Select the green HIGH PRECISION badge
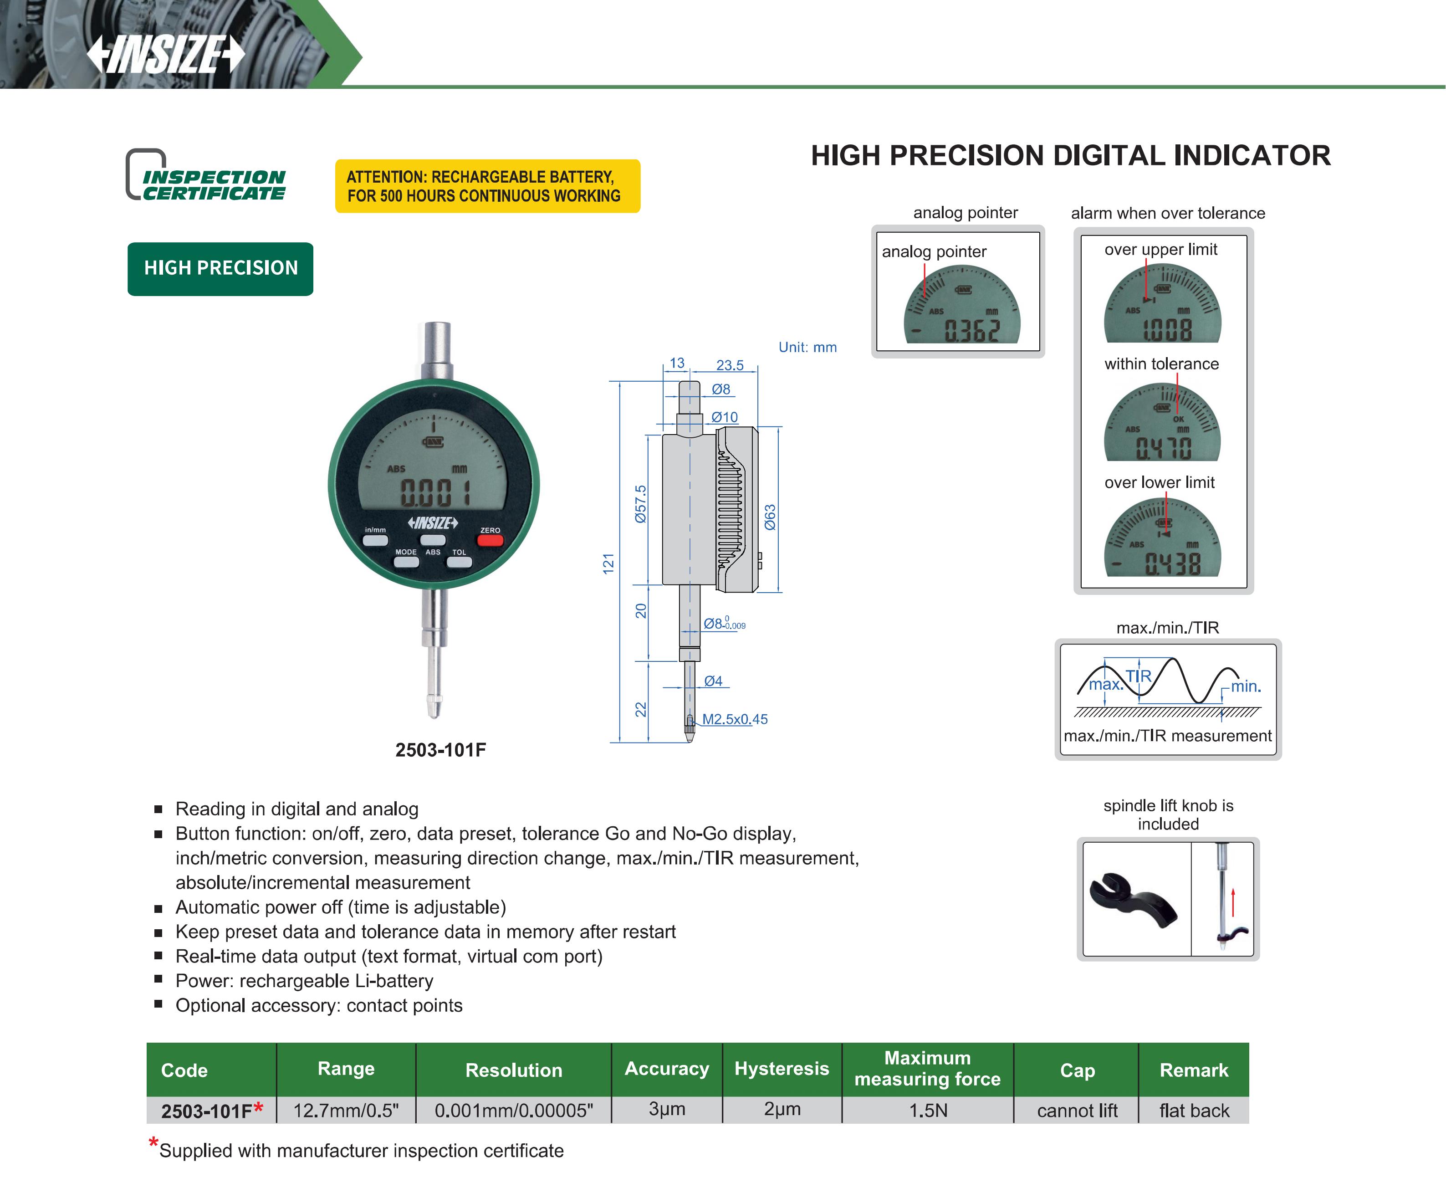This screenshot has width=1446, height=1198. pyautogui.click(x=220, y=268)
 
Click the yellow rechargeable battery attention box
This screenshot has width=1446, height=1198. pyautogui.click(x=487, y=186)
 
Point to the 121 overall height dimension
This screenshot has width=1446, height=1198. pyautogui.click(x=608, y=563)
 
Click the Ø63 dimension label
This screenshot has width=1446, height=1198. pyautogui.click(x=770, y=517)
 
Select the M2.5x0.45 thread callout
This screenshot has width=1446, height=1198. pyautogui.click(x=735, y=720)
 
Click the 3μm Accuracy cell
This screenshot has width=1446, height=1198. pyautogui.click(x=667, y=1109)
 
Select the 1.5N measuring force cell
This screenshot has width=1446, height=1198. pyautogui.click(x=928, y=1111)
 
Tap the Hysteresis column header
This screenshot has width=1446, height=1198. pyautogui.click(x=782, y=1069)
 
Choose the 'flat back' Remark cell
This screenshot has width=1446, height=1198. pyautogui.click(x=1194, y=1111)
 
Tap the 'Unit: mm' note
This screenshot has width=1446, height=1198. pyautogui.click(x=807, y=347)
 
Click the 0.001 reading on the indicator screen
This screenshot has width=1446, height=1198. pyautogui.click(x=436, y=493)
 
